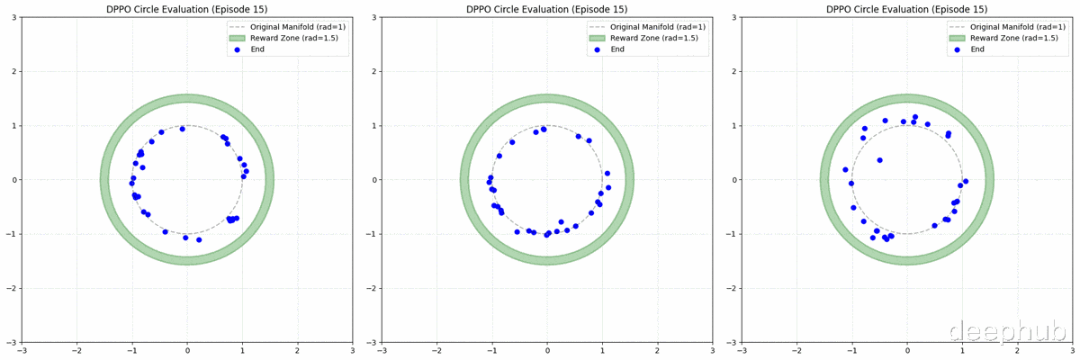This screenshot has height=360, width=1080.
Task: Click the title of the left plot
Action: click(186, 9)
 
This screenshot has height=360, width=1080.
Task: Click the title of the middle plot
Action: click(546, 9)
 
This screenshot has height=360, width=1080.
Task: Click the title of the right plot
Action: click(906, 9)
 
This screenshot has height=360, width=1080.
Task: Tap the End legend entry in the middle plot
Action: click(617, 49)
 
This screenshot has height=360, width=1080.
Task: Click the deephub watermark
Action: click(1008, 333)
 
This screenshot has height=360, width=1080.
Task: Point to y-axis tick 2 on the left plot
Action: click(15, 72)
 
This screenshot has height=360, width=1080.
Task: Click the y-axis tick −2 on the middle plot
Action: click(373, 289)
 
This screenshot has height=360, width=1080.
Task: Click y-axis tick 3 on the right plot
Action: click(735, 17)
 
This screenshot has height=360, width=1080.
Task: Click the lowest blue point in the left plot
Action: click(199, 240)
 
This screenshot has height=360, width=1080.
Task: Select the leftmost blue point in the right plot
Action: click(845, 169)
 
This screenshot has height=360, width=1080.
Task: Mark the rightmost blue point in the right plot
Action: click(966, 182)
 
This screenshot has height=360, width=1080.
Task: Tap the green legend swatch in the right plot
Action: click(958, 38)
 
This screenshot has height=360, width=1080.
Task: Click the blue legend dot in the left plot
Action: click(238, 49)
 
